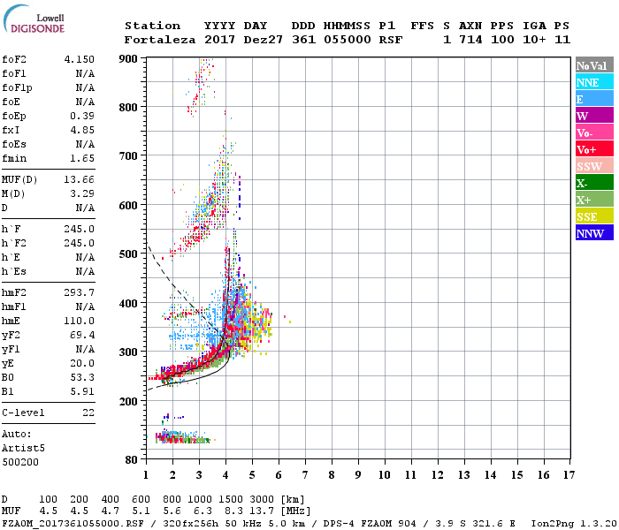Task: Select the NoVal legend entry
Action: click(593, 65)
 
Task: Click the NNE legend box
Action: click(593, 82)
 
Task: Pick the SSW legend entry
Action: click(593, 166)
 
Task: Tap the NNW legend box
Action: click(593, 233)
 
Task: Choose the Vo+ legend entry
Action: click(593, 149)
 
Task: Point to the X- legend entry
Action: click(593, 183)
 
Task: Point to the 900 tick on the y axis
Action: click(129, 58)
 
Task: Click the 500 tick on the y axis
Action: click(129, 254)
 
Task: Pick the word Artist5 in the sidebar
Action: click(20, 448)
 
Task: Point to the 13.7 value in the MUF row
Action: click(266, 510)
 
